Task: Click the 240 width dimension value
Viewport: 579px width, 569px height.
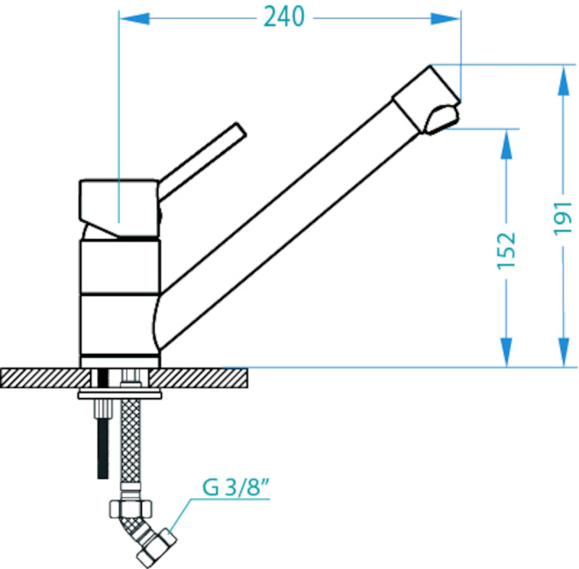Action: (x=284, y=17)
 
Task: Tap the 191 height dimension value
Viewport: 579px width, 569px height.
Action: (x=562, y=218)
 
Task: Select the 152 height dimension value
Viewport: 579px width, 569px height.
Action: (x=506, y=251)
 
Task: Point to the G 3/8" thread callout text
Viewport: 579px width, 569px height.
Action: (x=236, y=487)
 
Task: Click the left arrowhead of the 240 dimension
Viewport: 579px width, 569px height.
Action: (x=135, y=19)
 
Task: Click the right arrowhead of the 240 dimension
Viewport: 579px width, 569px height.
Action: (x=445, y=19)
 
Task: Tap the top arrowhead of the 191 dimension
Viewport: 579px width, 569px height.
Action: (x=564, y=80)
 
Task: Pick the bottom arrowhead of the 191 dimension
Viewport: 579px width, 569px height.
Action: (x=564, y=353)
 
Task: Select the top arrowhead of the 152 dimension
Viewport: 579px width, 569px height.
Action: (x=507, y=144)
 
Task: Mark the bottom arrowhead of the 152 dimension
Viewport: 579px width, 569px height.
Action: (x=507, y=353)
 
